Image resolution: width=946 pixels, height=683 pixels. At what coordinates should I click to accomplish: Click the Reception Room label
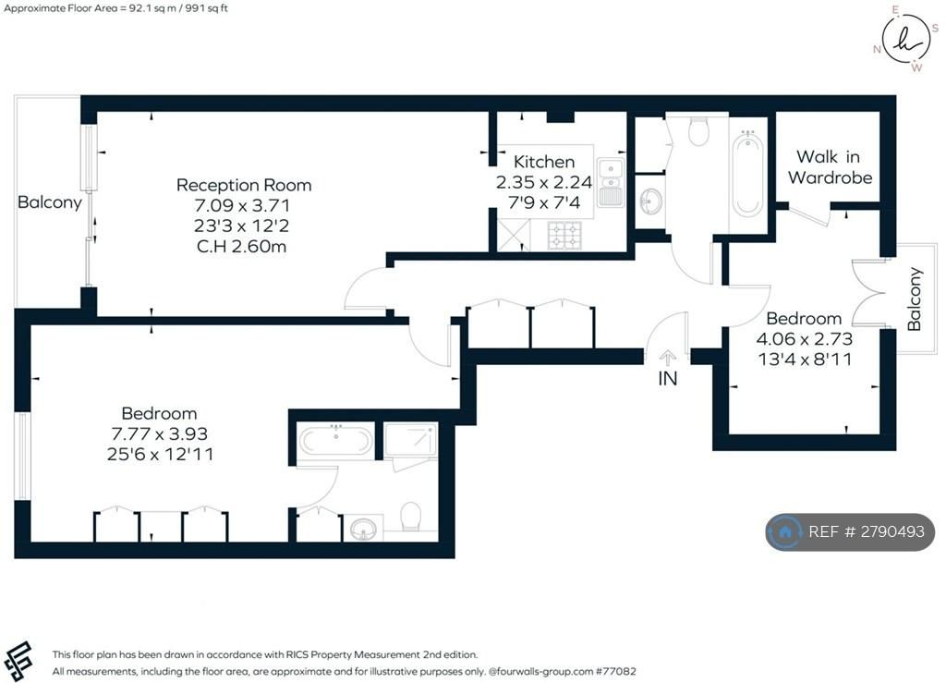(244, 185)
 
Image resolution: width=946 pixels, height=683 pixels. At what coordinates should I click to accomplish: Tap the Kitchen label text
(544, 162)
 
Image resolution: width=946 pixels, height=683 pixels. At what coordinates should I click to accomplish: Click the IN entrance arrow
(667, 358)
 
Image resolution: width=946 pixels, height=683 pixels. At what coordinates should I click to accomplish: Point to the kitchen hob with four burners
(564, 237)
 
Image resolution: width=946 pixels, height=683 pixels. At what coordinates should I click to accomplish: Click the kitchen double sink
(610, 181)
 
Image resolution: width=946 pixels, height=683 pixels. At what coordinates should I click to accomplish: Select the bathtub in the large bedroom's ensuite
(336, 441)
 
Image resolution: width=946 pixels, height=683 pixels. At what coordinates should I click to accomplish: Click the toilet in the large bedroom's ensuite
(411, 514)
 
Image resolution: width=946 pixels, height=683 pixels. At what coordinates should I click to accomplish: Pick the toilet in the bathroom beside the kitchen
(698, 133)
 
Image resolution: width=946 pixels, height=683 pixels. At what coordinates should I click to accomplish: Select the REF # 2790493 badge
(850, 531)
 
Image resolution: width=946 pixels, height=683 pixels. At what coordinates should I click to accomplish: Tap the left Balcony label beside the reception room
(50, 202)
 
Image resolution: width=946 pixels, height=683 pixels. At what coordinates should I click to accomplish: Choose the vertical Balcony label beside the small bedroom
(915, 299)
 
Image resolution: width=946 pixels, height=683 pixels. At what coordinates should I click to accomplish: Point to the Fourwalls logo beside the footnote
(18, 660)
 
